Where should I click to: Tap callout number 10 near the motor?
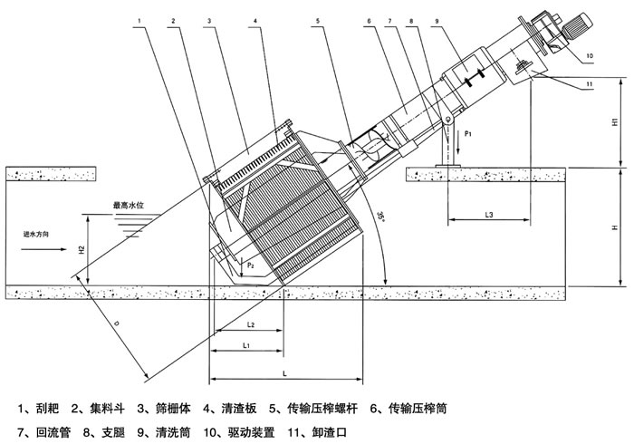[589, 56]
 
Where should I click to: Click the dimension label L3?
[488, 215]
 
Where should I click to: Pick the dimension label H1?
[613, 121]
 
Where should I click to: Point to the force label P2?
[251, 263]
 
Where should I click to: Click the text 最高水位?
[130, 206]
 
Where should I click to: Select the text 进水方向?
[42, 235]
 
